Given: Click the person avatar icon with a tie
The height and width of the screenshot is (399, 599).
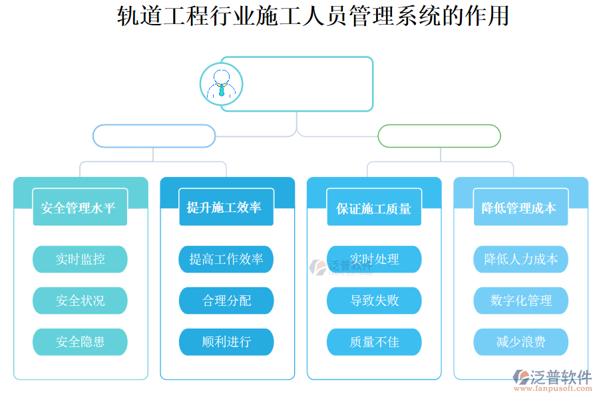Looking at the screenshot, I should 221,84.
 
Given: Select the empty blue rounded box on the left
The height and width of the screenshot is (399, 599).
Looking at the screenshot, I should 154,136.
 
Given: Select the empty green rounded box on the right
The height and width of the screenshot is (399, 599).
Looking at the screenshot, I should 439,136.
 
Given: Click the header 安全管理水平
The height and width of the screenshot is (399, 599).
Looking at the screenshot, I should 80,207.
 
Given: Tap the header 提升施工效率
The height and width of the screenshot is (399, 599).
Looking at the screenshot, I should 226,207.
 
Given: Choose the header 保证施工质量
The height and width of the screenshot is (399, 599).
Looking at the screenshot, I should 374,208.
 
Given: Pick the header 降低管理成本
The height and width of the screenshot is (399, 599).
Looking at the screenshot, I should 520,207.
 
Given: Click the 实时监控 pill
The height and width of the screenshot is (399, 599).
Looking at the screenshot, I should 80,259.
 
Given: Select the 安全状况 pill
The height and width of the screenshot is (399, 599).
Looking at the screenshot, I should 80,301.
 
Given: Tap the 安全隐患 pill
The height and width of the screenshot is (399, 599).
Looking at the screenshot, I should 80,342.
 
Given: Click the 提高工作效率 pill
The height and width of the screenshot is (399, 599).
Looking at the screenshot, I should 226,259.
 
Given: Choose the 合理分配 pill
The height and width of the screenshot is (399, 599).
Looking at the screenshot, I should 226,301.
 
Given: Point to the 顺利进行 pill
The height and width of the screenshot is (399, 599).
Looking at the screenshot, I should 226,342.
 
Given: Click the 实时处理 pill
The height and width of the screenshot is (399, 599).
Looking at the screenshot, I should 374,259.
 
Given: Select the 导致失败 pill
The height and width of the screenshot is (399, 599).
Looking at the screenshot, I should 374,301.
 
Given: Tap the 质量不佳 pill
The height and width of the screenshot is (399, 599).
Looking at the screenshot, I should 374,342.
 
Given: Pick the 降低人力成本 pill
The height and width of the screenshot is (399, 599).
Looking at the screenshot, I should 520,259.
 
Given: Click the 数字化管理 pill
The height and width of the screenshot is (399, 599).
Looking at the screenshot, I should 520,301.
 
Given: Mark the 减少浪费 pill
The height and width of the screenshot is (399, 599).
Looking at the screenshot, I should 520,342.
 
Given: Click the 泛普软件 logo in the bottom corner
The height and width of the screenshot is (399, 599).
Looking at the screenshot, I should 553,380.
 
